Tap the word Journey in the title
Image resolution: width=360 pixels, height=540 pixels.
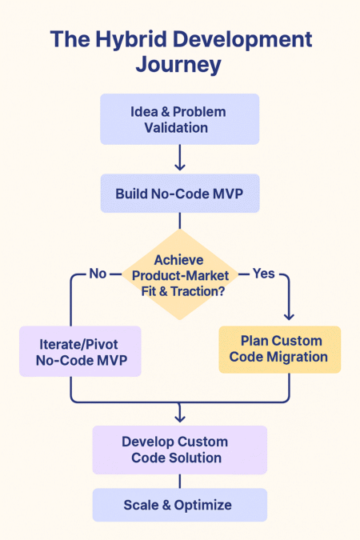click(178, 65)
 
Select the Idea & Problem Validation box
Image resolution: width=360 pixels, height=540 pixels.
click(179, 119)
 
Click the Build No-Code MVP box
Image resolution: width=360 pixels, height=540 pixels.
click(180, 194)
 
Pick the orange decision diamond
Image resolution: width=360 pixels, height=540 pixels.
click(180, 274)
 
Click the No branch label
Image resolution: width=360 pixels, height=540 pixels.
click(98, 274)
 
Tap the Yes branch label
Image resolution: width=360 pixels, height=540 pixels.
click(263, 274)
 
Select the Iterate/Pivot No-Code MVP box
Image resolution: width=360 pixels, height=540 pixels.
click(80, 351)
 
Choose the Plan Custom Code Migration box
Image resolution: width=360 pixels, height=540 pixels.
click(280, 350)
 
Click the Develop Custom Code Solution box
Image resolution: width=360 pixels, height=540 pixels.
click(180, 450)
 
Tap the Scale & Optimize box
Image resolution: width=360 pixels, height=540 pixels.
click(180, 505)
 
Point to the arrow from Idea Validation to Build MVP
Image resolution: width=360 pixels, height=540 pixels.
click(180, 158)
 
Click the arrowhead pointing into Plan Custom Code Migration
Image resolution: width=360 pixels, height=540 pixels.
click(289, 317)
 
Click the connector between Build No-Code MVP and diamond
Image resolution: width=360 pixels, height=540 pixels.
click(180, 221)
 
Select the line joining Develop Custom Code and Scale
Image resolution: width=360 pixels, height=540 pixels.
click(180, 481)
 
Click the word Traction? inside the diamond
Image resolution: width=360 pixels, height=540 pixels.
click(198, 291)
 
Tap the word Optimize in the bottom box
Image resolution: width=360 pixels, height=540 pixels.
click(203, 506)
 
